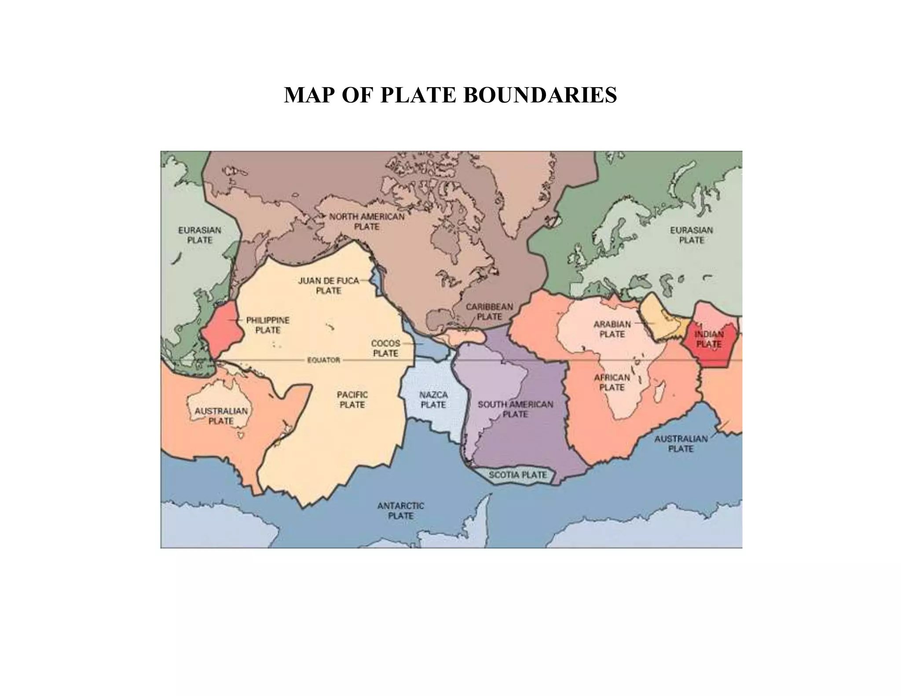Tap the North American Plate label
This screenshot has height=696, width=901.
pos(367,222)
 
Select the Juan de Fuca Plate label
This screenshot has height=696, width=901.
pos(329,286)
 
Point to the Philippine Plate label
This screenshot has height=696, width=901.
pos(267,325)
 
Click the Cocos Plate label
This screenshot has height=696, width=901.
pos(385,348)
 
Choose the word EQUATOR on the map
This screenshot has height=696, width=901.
pos(323,360)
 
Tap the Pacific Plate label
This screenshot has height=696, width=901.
pos(352,399)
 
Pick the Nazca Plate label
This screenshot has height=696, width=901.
pos(433,399)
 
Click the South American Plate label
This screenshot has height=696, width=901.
pos(515,409)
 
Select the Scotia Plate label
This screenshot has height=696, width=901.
pos(517,475)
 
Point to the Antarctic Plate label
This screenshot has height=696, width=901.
pos(400,511)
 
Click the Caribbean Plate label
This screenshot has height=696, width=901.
pos(489,311)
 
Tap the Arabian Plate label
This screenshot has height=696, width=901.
pos(612,329)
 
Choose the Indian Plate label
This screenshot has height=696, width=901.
pos(709,339)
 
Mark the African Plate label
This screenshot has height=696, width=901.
pos(612,382)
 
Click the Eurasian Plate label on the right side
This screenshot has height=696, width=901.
pos(692,235)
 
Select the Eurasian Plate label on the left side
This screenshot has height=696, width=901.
pos(200,235)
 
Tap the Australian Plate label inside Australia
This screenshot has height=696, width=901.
pos(221,416)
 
